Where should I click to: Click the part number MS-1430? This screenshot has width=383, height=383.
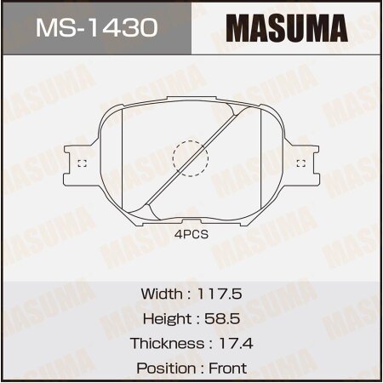tap(95, 28)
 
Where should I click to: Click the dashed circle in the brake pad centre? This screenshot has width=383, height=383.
tap(190, 159)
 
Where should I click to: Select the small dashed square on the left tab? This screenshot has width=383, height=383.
tap(81, 163)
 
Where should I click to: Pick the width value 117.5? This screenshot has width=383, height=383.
tap(220, 293)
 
